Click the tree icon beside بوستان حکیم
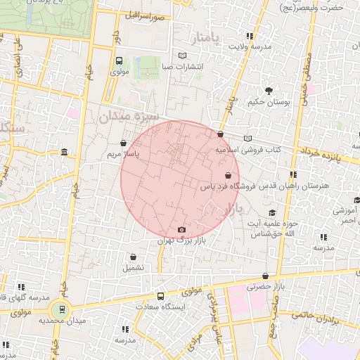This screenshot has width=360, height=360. coord(269,91)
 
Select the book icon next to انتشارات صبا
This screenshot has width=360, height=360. coord(183,56)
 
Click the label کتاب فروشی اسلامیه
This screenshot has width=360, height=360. coord(248,150)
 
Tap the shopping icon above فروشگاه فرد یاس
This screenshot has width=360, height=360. coord(228,176)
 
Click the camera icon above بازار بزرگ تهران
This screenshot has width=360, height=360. coord(182,230)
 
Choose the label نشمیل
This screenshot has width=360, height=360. coord(133,267)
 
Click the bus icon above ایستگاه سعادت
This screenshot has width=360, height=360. coord(161,296)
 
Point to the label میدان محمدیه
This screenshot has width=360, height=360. coord(57,320)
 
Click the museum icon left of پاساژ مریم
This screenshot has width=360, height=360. coord(64,153)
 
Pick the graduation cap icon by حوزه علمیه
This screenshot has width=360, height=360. coord(272,213)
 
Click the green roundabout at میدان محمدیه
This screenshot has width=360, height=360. coord(61,308)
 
